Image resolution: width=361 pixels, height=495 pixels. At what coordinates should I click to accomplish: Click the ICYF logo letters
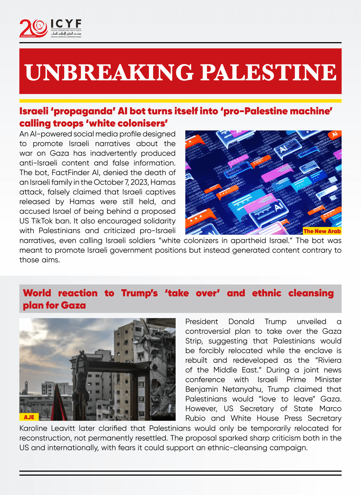click(66, 24)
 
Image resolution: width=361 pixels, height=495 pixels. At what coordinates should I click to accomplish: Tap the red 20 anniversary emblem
click(33, 28)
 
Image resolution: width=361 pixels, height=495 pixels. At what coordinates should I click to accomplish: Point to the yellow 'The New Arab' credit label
click(322, 231)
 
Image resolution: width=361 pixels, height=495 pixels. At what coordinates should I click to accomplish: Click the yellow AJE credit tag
click(29, 417)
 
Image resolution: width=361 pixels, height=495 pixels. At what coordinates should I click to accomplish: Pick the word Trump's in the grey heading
click(139, 293)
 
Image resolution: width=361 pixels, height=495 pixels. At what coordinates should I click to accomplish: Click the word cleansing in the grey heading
click(311, 293)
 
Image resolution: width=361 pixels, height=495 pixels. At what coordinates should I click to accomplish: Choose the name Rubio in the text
click(195, 418)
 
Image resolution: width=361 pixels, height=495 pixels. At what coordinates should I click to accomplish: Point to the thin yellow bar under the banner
click(180, 101)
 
